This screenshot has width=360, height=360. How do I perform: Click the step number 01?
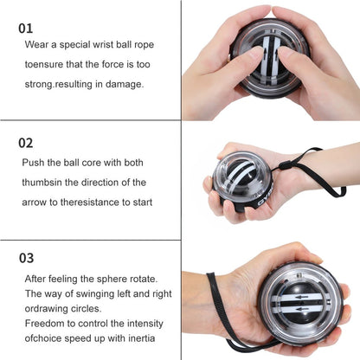point(27,28)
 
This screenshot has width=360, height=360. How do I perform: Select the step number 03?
point(28,257)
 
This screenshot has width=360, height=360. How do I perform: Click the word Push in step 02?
point(35,162)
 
